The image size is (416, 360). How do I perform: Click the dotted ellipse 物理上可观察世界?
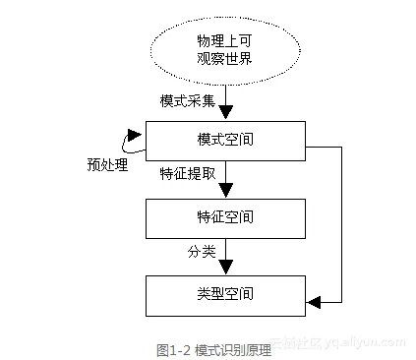(x=224, y=47)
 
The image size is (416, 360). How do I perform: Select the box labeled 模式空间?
(x=224, y=141)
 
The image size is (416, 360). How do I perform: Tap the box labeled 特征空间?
(x=224, y=216)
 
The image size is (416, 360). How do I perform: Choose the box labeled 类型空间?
(x=224, y=293)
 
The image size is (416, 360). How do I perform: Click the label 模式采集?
(x=187, y=101)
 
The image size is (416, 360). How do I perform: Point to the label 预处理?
(x=107, y=164)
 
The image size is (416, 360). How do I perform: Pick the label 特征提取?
(x=187, y=174)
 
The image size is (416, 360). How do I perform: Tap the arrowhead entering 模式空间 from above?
(x=225, y=113)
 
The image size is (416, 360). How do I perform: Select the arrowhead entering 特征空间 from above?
(x=225, y=191)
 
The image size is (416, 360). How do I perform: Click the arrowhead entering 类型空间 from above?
(x=225, y=268)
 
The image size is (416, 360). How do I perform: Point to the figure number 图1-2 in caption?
(x=172, y=347)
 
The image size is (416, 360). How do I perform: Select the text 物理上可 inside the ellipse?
(x=224, y=38)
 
